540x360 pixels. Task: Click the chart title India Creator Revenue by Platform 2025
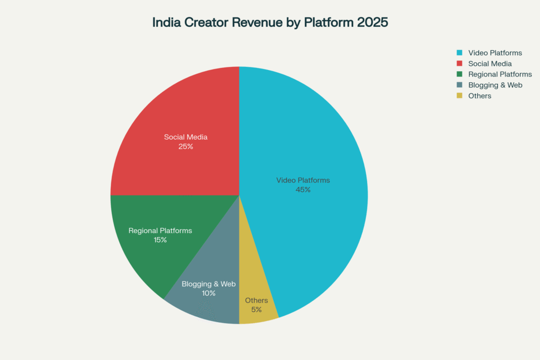[x=270, y=23]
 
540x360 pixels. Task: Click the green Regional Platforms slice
[x=153, y=248]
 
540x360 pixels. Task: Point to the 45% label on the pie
[x=303, y=190]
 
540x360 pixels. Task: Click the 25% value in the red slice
[x=186, y=147]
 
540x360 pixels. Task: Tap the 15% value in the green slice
[x=160, y=240]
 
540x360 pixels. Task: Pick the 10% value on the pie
[x=208, y=293]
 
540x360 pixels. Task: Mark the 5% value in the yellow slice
[x=256, y=309]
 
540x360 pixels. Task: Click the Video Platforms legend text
[x=495, y=53]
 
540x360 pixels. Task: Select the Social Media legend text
[x=490, y=63]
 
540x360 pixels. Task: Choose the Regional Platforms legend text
[x=500, y=74]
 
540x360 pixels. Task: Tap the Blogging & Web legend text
[x=495, y=85]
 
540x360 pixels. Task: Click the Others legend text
[x=479, y=96]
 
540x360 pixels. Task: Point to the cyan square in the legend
[x=459, y=53]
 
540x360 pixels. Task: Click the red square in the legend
[x=459, y=63]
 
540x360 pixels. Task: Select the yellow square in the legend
[x=459, y=96]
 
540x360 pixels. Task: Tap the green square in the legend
[x=459, y=74]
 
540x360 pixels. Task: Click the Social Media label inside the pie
[x=186, y=137]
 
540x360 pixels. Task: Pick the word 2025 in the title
[x=372, y=23]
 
